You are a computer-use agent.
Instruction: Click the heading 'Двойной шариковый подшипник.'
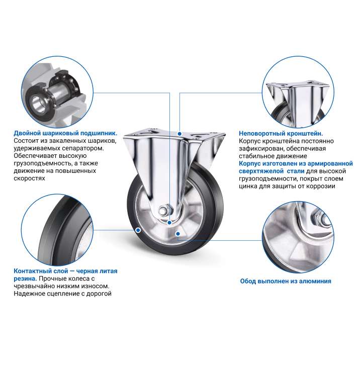[x=65, y=133]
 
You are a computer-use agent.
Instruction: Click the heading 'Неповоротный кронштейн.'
[x=281, y=133]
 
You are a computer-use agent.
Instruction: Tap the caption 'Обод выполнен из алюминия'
[x=286, y=281]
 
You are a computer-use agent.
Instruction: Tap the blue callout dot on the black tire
[x=138, y=230]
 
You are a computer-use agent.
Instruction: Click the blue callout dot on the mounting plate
[x=179, y=134]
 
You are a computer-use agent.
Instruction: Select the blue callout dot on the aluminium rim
[x=177, y=234]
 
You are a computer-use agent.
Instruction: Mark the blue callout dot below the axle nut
[x=169, y=223]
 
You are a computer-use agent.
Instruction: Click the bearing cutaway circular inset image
[x=57, y=92]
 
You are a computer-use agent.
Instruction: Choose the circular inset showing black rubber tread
[x=57, y=230]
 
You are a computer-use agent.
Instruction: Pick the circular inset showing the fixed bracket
[x=298, y=92]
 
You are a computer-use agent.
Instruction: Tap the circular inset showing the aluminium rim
[x=298, y=237]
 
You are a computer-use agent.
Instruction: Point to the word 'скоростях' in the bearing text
[x=29, y=178]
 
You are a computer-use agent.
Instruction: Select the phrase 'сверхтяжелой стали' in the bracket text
[x=272, y=171]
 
